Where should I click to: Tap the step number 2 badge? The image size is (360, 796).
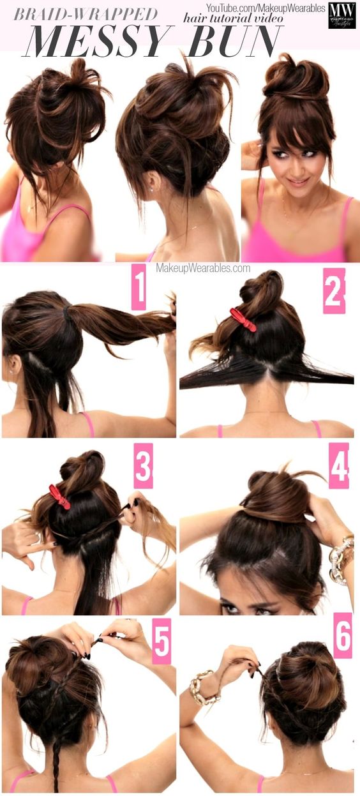click(334, 290)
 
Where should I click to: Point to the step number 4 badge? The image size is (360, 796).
click(338, 465)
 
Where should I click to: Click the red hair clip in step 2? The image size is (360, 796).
click(243, 319)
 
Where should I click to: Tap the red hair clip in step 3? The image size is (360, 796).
click(59, 496)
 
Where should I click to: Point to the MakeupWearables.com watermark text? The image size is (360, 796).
click(203, 269)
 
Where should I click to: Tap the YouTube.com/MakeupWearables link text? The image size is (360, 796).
click(265, 8)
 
